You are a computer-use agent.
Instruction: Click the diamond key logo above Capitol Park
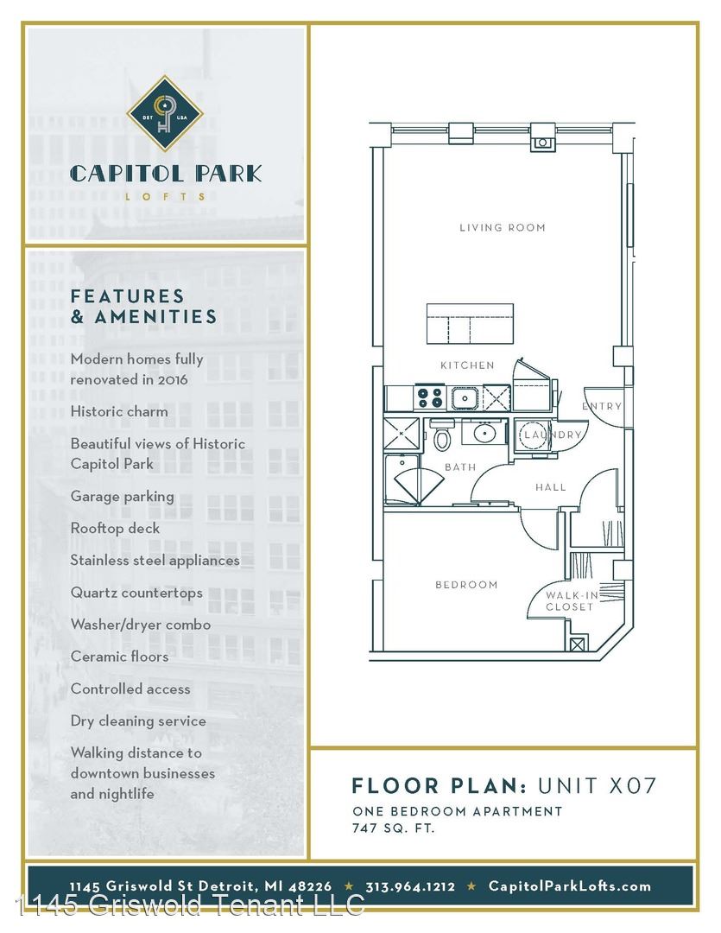(x=165, y=113)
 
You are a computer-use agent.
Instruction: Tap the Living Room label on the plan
(x=502, y=227)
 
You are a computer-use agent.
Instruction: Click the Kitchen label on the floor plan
(x=467, y=365)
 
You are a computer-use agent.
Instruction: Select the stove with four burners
(x=429, y=397)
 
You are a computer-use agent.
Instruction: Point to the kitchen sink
(x=464, y=397)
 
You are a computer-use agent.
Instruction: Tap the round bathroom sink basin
(x=484, y=433)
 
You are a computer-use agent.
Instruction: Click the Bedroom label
(x=466, y=585)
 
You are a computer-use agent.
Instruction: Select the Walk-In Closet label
(x=570, y=601)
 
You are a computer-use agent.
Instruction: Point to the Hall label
(x=550, y=487)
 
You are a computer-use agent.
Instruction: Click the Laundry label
(x=552, y=435)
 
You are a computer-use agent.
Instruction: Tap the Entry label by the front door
(x=602, y=406)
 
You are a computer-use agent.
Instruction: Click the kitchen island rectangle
(x=470, y=324)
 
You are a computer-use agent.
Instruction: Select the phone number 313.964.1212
(x=410, y=886)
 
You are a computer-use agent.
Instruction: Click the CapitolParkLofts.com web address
(x=569, y=886)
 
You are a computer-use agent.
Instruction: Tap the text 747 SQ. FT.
(x=393, y=828)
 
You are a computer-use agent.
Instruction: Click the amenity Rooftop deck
(x=115, y=529)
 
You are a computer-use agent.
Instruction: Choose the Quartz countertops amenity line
(x=136, y=593)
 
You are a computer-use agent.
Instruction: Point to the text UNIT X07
(x=597, y=785)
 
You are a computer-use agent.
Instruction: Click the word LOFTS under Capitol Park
(x=166, y=196)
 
